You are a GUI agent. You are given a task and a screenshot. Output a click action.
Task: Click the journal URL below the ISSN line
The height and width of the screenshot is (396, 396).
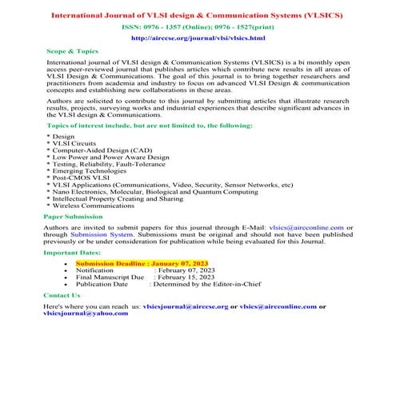point(197,38)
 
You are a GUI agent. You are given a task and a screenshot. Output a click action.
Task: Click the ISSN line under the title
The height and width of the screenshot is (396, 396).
point(197,26)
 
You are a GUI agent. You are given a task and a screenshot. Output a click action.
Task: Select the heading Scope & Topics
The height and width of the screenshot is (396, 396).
point(73,50)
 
